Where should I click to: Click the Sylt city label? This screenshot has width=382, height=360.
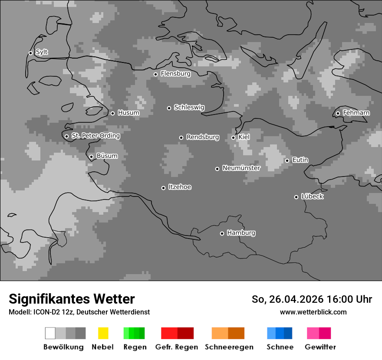coord(42,52)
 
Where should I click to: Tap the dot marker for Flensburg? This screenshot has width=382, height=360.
coord(155,74)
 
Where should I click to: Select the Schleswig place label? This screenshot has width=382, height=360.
coord(189,108)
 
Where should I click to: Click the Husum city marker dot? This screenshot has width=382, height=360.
coord(112,113)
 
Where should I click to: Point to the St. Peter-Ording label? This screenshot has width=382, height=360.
coord(95,136)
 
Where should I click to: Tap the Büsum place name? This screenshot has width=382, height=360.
coord(107,156)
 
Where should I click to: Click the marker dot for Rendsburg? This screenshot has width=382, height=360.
coord(181,137)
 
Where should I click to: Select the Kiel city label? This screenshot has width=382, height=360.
coord(244,137)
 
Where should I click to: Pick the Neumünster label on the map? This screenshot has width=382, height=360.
coord(241,168)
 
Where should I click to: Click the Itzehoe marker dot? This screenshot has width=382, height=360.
coord(163,188)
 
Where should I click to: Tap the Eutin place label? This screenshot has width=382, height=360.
coord(300,160)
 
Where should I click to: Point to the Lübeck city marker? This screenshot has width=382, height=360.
coord(296,197)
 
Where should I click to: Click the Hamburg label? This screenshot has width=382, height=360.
coord(241,233)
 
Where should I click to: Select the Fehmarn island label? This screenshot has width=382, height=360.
coord(356,113)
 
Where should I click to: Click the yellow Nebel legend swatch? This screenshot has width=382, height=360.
coord(103,333)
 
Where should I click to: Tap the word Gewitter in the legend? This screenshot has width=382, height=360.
coord(320,347)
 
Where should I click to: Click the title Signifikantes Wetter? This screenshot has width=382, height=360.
coord(72,299)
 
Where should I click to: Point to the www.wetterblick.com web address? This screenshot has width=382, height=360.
coord(313,312)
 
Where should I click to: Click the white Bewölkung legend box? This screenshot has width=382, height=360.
coord(50,333)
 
